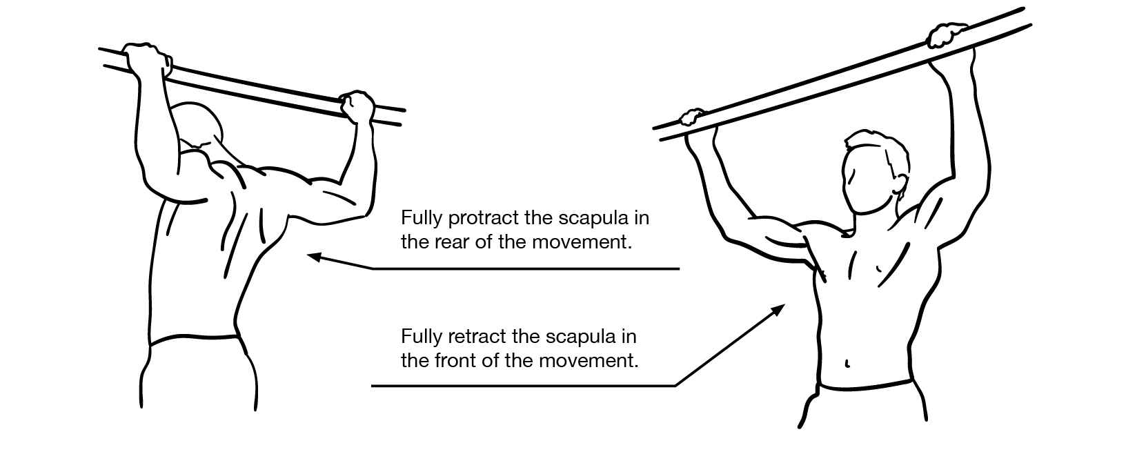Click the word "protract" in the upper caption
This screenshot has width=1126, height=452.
pos(484,218)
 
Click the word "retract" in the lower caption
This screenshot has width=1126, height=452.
pos(477,336)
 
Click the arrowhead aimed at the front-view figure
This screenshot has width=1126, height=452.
pos(778,310)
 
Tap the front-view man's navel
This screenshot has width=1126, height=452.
pos(847,363)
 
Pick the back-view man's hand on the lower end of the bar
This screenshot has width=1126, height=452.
pos(357,106)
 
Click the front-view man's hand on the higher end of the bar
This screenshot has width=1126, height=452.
pos(947,35)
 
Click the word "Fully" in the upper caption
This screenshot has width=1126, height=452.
pos(422,218)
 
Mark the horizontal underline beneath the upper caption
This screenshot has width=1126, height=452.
pos(526,269)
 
